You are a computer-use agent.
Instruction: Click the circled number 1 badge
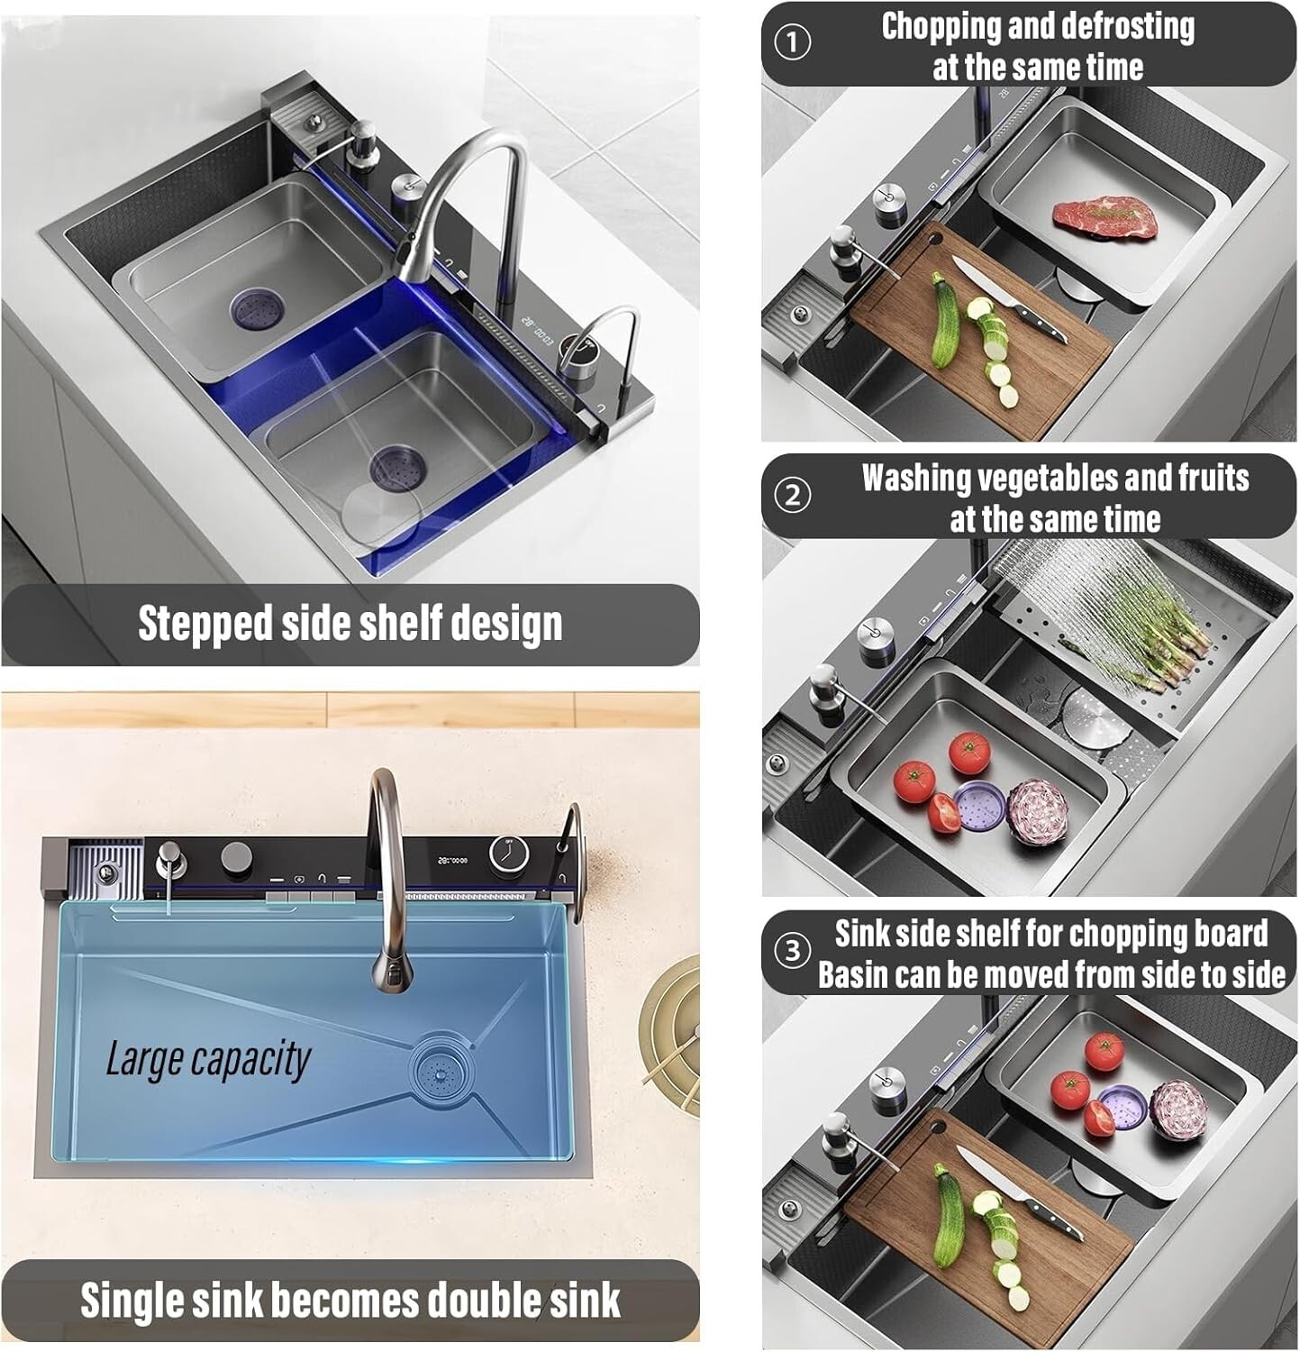793,42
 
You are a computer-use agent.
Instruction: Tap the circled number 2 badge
793,495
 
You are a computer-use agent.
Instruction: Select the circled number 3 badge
793,951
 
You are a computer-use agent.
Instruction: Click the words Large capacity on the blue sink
208,1059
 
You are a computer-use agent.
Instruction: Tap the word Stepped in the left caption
205,623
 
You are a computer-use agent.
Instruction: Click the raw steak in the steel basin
1105,218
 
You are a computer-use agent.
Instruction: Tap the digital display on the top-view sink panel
452,860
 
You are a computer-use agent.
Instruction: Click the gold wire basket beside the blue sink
671,1037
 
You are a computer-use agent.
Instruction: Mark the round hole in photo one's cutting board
934,239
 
